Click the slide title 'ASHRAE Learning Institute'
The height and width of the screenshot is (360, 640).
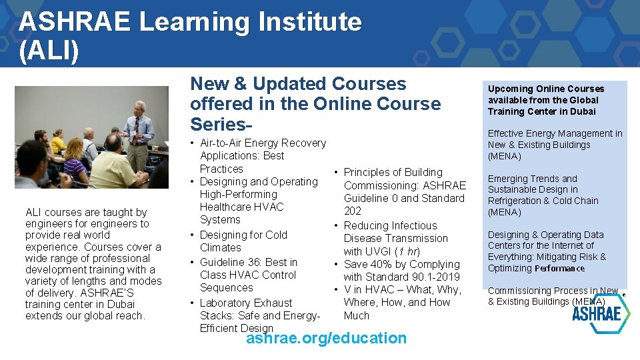(x=190, y=22)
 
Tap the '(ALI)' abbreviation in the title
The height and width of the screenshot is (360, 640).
(x=49, y=51)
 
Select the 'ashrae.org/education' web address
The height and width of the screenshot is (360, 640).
(x=326, y=338)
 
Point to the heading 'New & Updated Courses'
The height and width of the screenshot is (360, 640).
(x=298, y=84)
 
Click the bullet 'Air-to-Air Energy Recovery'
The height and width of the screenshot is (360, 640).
(x=263, y=143)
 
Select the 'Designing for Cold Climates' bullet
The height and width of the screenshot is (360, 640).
(x=243, y=235)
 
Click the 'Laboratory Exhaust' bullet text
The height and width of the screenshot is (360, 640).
(x=246, y=303)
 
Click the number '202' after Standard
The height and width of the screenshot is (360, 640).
(x=353, y=211)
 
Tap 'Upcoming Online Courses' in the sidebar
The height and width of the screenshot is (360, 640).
(x=545, y=89)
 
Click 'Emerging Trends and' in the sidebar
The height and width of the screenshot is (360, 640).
(x=532, y=179)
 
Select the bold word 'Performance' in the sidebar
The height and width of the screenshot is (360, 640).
(x=559, y=269)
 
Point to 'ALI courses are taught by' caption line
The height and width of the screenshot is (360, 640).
(x=86, y=212)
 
